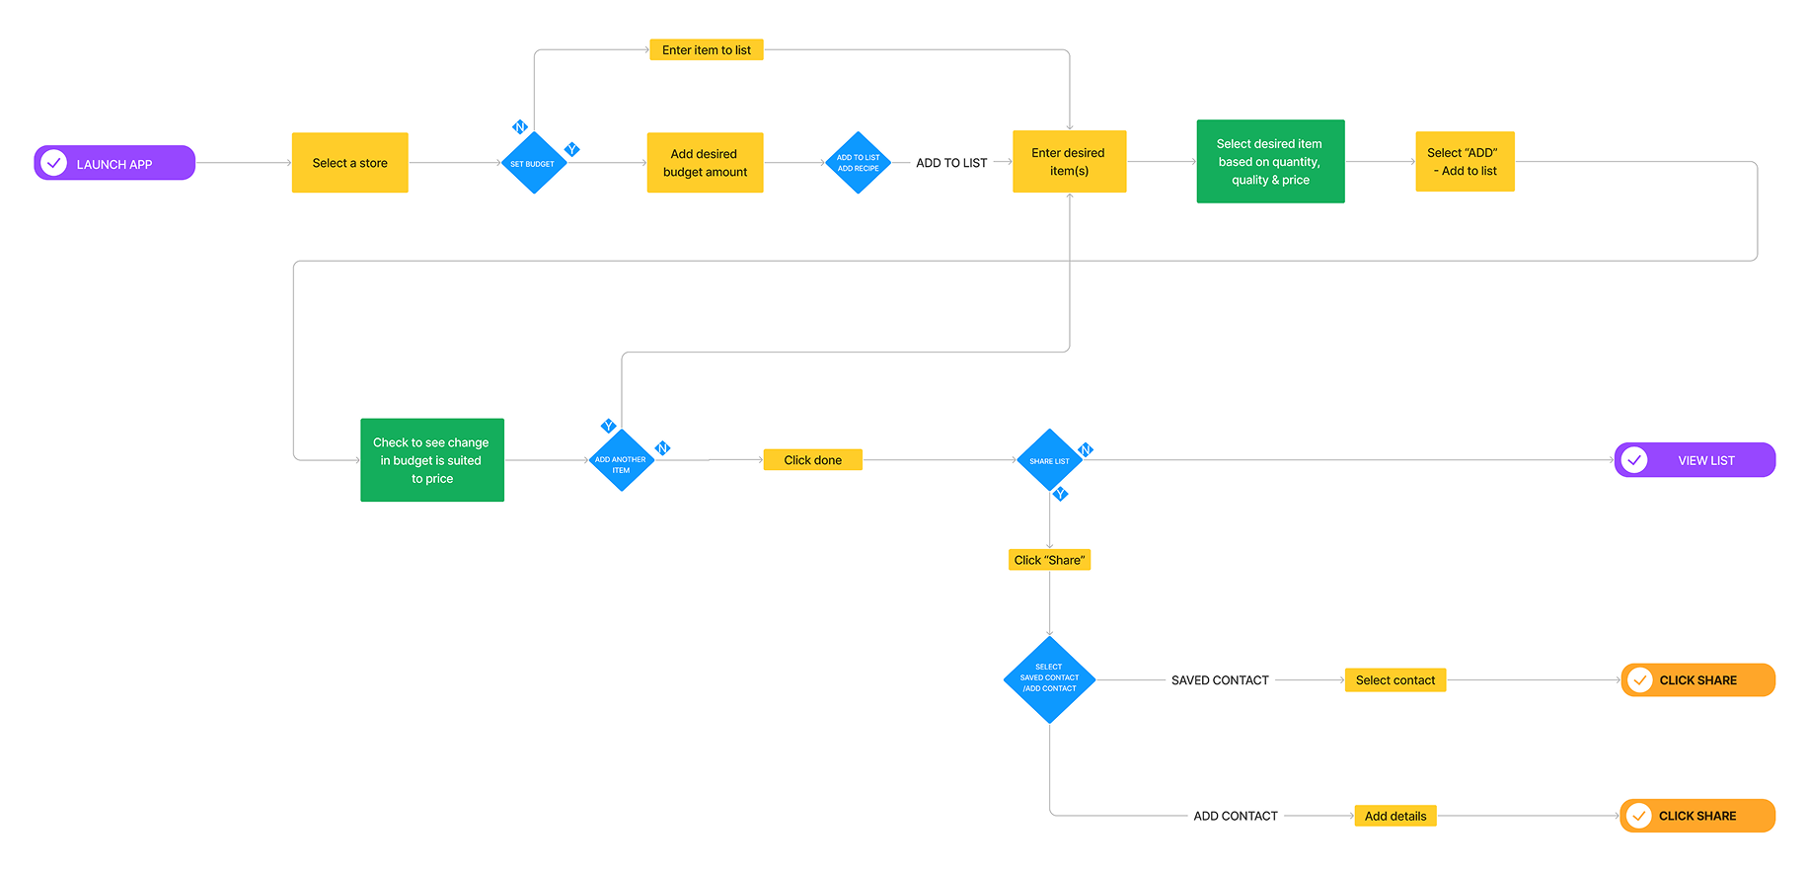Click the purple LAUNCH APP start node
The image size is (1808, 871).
click(x=114, y=163)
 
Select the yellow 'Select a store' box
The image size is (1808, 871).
click(x=349, y=163)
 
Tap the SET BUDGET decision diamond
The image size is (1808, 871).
click(x=533, y=163)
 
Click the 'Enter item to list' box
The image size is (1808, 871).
click(x=706, y=49)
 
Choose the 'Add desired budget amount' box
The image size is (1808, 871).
click(x=705, y=163)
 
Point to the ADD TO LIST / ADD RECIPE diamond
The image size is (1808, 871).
click(x=858, y=163)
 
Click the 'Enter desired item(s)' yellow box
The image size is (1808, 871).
click(x=1069, y=162)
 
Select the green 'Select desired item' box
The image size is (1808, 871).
click(x=1270, y=162)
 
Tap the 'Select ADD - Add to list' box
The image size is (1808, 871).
click(x=1465, y=162)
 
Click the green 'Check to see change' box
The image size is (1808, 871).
click(x=432, y=460)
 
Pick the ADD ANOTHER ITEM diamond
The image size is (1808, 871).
click(x=621, y=461)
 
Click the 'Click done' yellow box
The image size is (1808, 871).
click(x=812, y=460)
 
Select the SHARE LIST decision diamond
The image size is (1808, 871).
click(x=1049, y=460)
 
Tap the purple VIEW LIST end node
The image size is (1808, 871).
click(x=1695, y=460)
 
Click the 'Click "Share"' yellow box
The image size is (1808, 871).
click(x=1049, y=560)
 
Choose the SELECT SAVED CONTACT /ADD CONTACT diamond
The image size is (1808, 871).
click(x=1049, y=678)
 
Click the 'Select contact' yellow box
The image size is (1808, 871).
click(x=1394, y=680)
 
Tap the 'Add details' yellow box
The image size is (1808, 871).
click(x=1394, y=816)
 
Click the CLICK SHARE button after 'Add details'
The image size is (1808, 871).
click(x=1696, y=816)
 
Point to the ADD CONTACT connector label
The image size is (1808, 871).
click(x=1235, y=816)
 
